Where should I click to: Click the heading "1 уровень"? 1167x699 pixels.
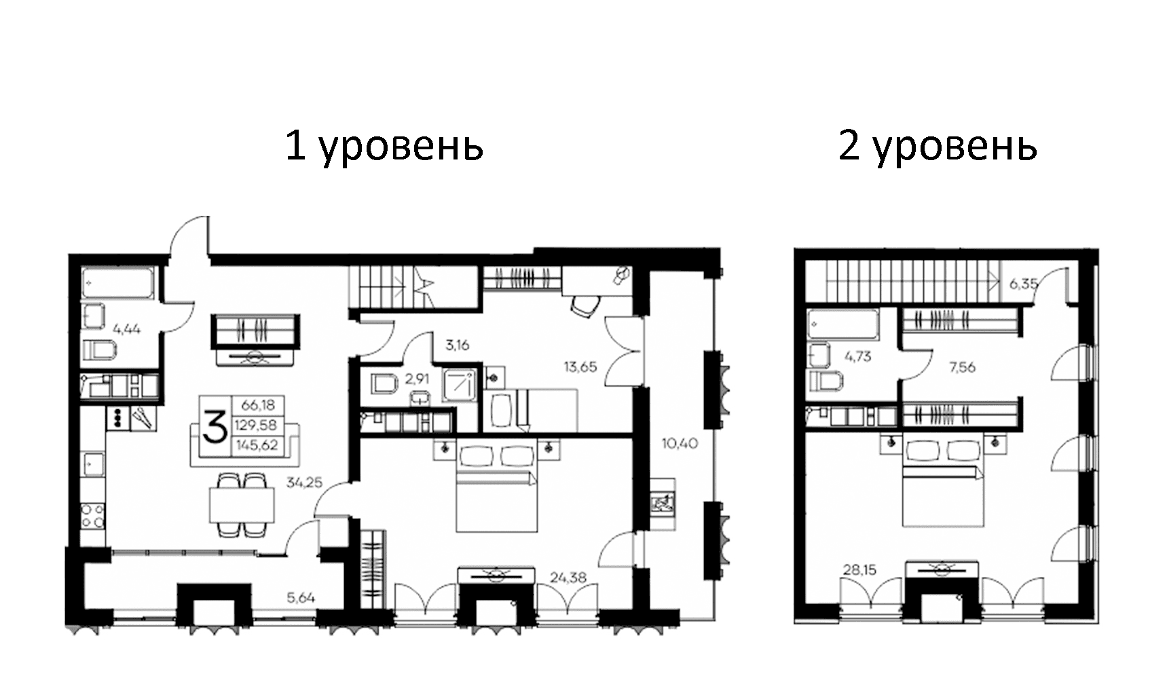[384, 145]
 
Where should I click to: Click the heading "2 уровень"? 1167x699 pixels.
[938, 145]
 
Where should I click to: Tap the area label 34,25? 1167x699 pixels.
[304, 483]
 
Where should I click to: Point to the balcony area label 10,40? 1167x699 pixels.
[680, 444]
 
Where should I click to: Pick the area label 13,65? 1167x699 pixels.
[580, 367]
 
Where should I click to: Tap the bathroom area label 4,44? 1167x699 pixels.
[127, 330]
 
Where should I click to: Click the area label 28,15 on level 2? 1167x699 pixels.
[858, 570]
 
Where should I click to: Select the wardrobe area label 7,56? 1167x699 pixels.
[962, 367]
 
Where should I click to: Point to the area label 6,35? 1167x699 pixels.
[1023, 284]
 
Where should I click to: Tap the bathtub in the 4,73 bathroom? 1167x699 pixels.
[842, 324]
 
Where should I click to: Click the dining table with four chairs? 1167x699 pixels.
[241, 505]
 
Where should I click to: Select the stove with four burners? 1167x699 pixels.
[92, 515]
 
